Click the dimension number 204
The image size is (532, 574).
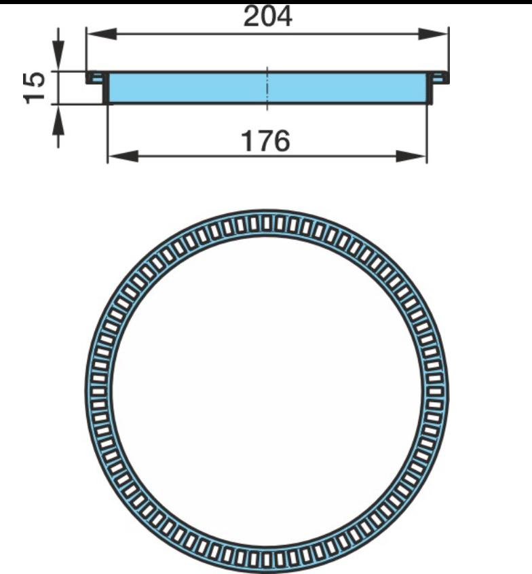click(x=267, y=16)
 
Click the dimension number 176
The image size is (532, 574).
click(x=266, y=141)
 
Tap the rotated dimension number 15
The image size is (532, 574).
click(x=35, y=88)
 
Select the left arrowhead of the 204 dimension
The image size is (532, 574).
click(x=102, y=34)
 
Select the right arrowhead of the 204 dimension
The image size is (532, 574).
click(x=433, y=34)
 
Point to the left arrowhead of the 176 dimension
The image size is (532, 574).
click(x=123, y=156)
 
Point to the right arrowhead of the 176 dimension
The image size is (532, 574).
click(x=411, y=156)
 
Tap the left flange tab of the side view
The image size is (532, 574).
click(x=96, y=77)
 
